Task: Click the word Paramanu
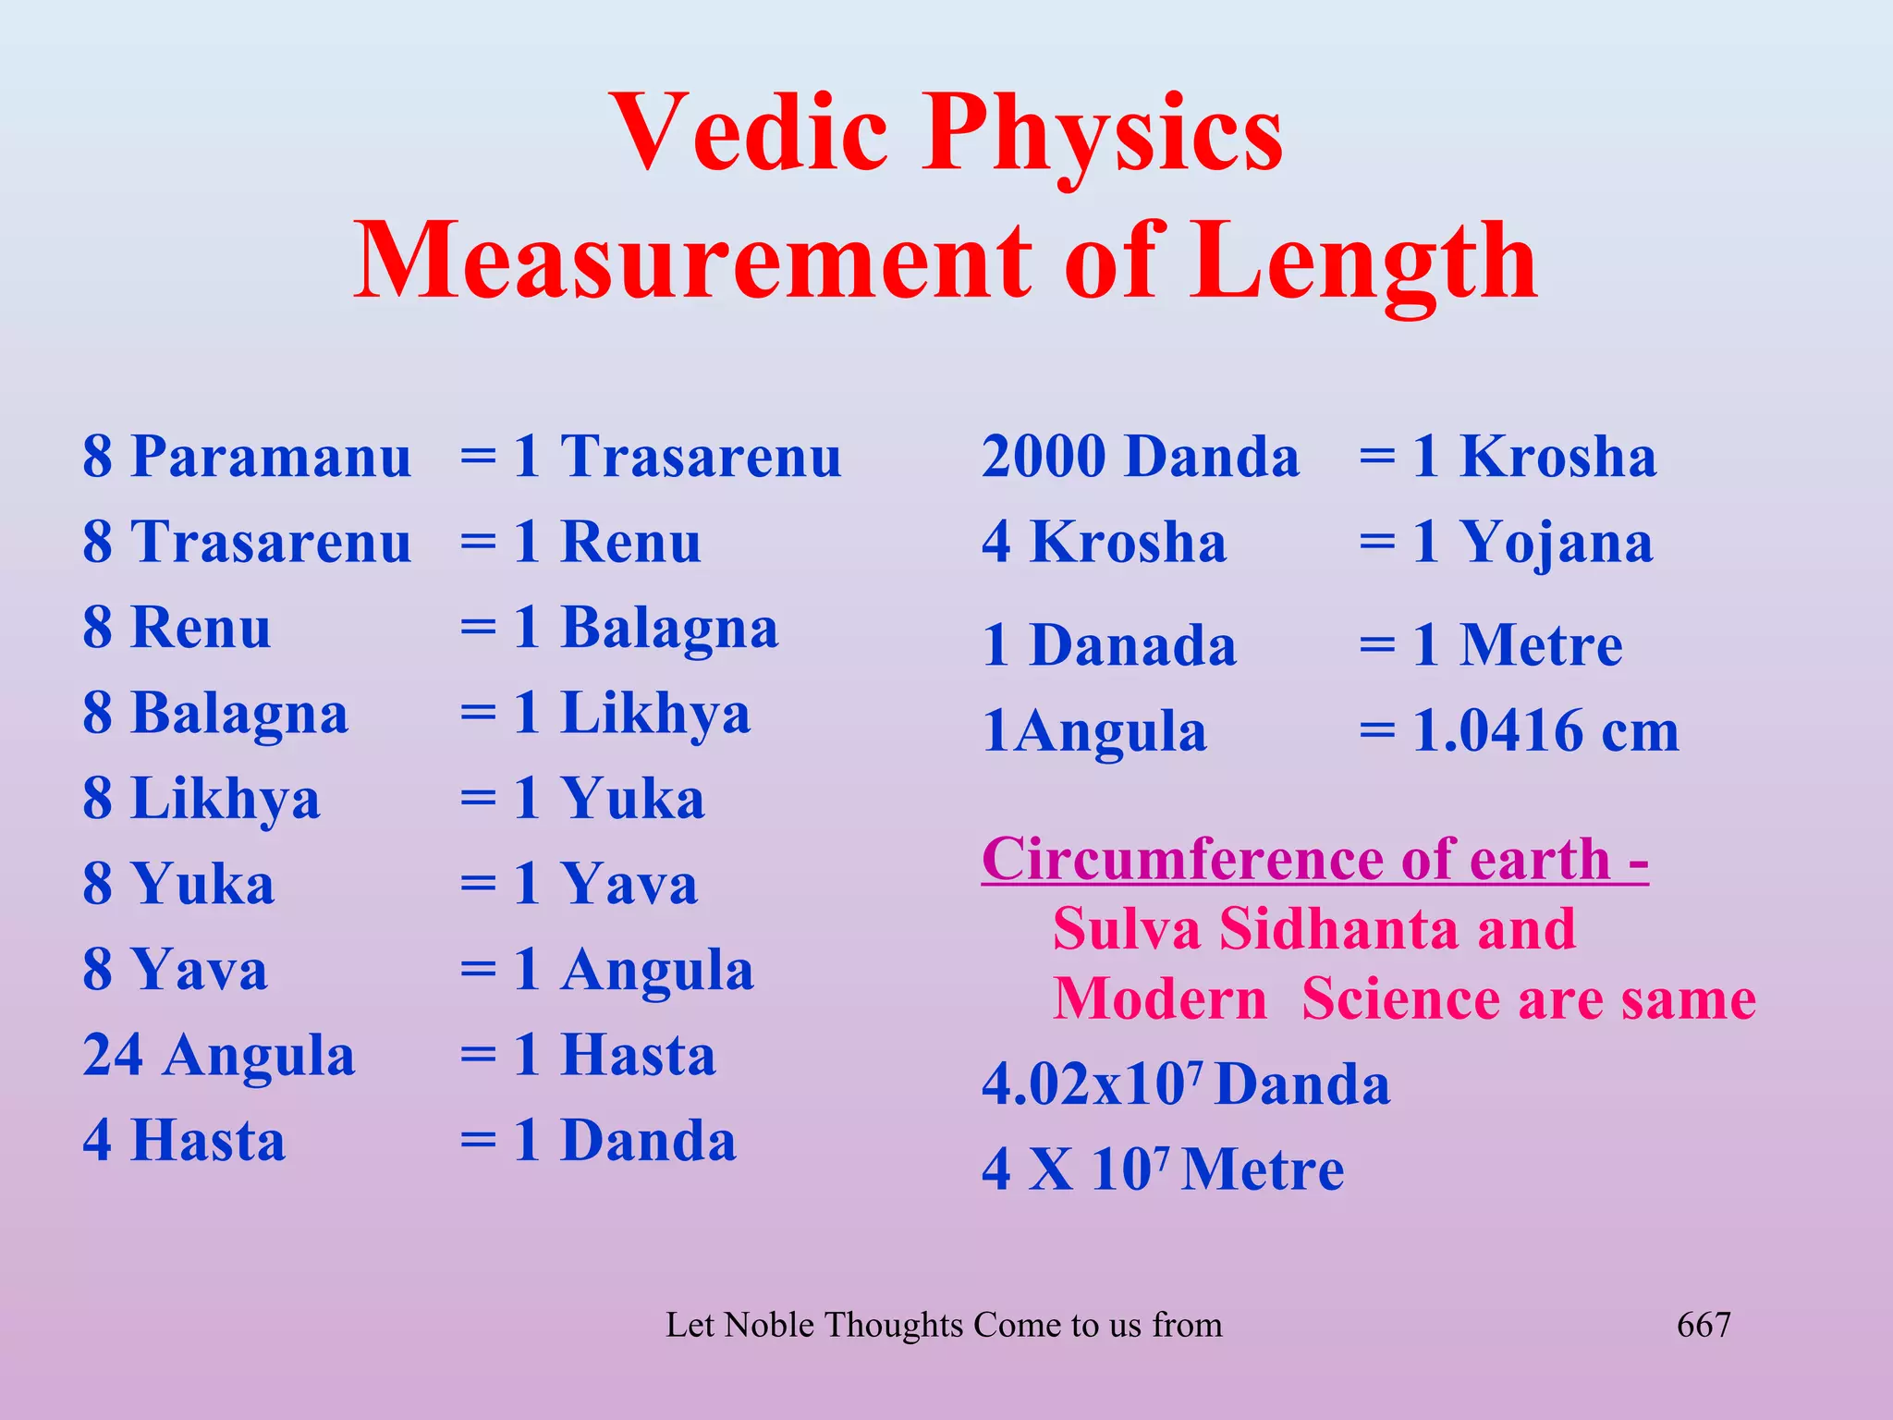[271, 457]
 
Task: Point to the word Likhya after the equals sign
[655, 714]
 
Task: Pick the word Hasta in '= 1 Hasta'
[639, 1055]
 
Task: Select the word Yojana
[1557, 543]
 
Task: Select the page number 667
[1704, 1325]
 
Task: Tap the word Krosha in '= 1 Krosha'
[1558, 457]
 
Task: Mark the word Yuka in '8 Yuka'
[202, 884]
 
